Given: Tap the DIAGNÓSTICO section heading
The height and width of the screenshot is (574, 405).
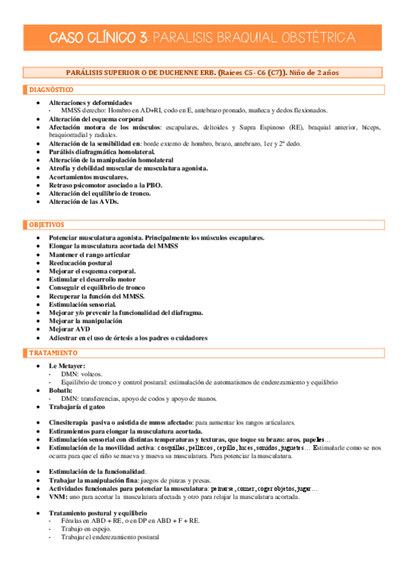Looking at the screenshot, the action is point(51,90).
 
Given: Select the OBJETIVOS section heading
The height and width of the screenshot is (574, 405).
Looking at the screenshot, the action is point(47,224).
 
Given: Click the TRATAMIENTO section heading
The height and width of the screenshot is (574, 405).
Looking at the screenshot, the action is point(53,353).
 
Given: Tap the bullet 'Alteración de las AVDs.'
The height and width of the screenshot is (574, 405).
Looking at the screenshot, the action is point(84,201).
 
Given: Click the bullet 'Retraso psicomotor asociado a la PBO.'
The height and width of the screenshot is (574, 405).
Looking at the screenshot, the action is point(105,184).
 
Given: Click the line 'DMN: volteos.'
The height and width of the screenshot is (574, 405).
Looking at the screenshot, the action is point(85,374).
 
